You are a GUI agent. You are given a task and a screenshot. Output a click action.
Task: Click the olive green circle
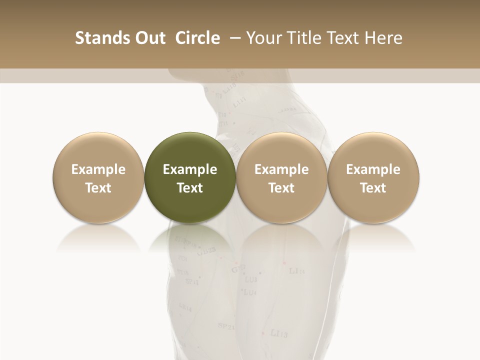click(x=190, y=177)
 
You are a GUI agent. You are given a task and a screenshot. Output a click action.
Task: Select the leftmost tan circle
click(x=98, y=177)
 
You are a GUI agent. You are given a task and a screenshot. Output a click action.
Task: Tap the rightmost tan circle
click(x=373, y=177)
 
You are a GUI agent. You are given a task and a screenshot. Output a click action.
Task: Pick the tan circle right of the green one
click(x=281, y=177)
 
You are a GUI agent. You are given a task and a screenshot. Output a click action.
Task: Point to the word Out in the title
click(x=149, y=38)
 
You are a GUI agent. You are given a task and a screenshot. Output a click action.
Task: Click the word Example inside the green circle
click(x=190, y=169)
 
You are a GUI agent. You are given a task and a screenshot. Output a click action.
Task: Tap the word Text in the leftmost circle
click(x=98, y=188)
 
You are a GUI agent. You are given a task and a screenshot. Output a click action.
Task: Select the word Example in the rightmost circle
click(x=373, y=169)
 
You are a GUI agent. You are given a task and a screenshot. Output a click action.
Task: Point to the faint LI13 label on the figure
click(x=278, y=333)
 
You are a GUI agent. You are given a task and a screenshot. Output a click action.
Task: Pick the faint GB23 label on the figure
click(x=206, y=251)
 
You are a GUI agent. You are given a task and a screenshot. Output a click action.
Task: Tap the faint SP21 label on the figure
click(x=226, y=326)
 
